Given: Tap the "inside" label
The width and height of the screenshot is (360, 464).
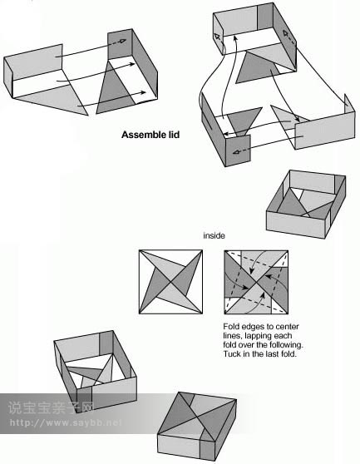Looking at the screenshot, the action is [214, 235].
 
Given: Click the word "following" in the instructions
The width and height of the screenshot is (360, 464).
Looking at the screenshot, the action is [284, 345].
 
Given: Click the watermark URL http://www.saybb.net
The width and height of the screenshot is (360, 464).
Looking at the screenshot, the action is [66, 422].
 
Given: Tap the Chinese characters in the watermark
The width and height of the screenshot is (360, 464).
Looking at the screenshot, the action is [51, 407].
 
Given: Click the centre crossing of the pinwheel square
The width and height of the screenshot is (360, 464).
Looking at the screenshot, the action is [170, 282].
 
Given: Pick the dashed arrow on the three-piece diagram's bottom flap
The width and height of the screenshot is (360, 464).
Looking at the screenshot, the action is [240, 152].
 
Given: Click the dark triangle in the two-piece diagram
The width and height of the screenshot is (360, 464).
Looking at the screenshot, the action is [114, 89].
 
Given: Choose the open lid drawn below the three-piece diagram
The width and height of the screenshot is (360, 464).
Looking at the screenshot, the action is [306, 205].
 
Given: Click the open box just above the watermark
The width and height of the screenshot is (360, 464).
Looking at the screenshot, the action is [96, 372].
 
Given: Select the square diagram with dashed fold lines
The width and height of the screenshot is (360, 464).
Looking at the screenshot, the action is [256, 282].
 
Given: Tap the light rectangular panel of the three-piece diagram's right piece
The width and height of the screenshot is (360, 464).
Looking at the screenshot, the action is [325, 131].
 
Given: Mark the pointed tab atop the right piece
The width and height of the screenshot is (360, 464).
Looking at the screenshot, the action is [349, 104].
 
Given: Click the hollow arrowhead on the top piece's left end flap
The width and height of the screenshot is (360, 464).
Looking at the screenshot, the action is [218, 37].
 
